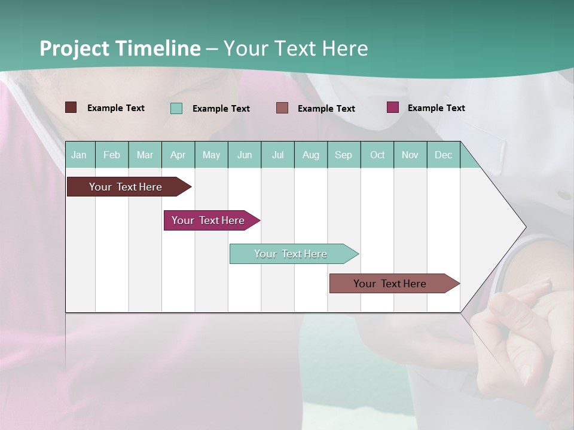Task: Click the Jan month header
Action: click(79, 155)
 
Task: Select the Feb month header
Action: click(112, 155)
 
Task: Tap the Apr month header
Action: click(178, 155)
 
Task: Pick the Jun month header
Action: click(245, 155)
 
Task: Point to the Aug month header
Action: click(311, 155)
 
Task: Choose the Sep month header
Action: click(344, 155)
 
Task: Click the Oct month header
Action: click(377, 155)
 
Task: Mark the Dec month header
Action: click(444, 155)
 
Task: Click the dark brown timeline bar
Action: click(126, 187)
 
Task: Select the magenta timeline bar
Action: click(208, 220)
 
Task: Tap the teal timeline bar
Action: click(291, 254)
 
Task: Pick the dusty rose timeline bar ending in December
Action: click(390, 284)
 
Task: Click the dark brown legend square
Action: click(71, 107)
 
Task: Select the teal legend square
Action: click(176, 108)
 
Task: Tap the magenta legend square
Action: click(393, 107)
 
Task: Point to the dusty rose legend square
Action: click(282, 108)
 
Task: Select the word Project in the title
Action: click(75, 48)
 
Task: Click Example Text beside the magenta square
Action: click(436, 108)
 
